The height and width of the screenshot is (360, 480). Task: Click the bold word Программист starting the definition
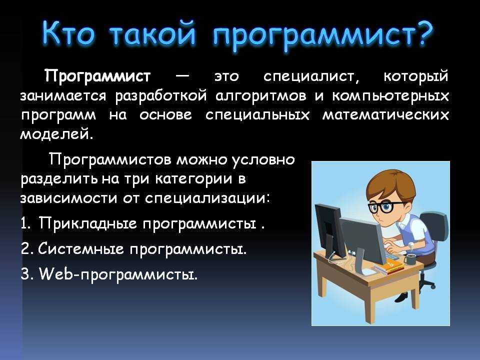coord(97,76)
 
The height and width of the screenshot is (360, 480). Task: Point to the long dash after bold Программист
coord(183,75)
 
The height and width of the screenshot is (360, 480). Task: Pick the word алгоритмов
coord(261,96)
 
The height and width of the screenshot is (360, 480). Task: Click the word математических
coord(385,115)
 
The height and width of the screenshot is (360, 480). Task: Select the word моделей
coord(56,134)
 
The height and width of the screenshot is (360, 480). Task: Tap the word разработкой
coord(161,96)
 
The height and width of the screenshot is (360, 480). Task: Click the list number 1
coord(25,223)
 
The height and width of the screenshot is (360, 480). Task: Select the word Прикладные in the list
coord(88,223)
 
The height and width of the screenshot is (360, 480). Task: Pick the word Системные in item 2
coord(81,249)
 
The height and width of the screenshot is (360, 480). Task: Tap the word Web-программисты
coord(118,274)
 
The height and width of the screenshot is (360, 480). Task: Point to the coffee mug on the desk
coord(409,259)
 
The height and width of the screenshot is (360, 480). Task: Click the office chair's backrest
coord(434,227)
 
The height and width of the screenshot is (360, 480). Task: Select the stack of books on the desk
coord(388,266)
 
